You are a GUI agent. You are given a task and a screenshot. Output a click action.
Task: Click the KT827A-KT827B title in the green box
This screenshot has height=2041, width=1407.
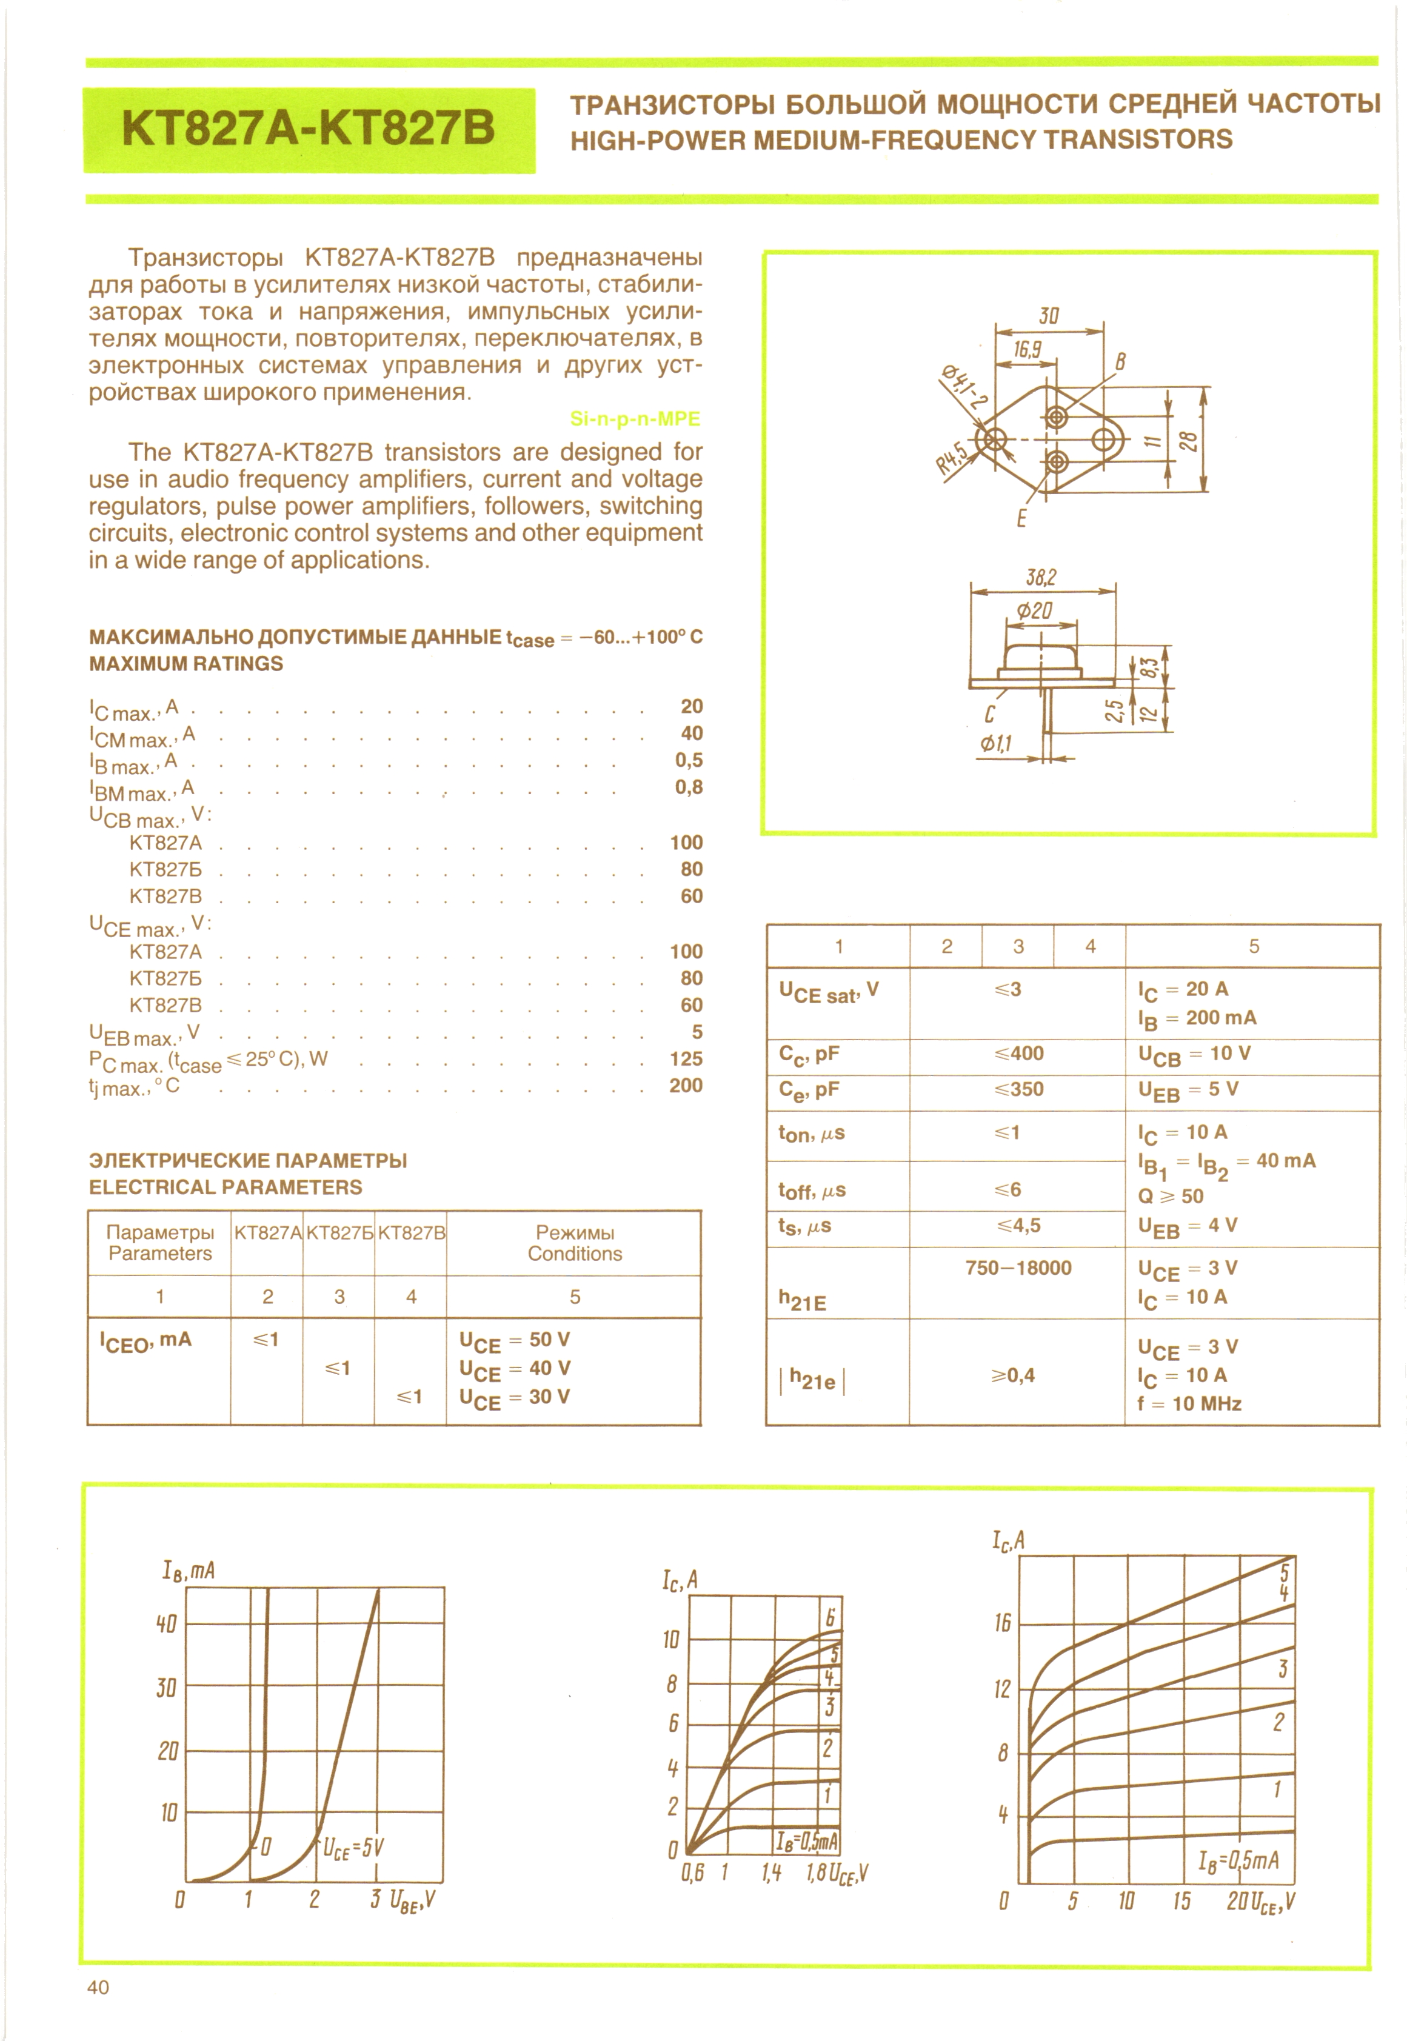point(309,129)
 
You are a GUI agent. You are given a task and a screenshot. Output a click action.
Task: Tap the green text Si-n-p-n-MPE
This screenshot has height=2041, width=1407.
point(635,419)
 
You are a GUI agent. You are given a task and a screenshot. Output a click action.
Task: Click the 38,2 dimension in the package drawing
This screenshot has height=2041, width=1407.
point(1040,578)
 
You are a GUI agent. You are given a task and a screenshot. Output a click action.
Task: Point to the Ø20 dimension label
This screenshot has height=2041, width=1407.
point(1034,611)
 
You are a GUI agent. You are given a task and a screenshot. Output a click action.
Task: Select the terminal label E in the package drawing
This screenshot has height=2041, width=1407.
point(1021,518)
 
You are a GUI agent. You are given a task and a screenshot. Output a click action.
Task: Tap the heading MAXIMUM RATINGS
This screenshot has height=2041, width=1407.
point(186,664)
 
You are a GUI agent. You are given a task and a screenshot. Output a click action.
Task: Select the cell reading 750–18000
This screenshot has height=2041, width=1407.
point(1018,1268)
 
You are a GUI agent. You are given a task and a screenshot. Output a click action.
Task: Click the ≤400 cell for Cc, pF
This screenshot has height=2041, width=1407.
point(1018,1054)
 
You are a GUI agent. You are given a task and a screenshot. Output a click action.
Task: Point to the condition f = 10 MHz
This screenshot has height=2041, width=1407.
point(1189,1403)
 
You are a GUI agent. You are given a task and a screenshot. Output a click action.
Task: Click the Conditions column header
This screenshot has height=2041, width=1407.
point(575,1254)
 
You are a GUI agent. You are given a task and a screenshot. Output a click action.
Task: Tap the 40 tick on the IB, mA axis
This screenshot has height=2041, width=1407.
point(167,1623)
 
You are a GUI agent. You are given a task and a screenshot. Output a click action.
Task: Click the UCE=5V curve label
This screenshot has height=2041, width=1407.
point(353,1848)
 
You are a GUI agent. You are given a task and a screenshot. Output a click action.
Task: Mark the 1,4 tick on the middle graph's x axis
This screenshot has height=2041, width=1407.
point(771,1897)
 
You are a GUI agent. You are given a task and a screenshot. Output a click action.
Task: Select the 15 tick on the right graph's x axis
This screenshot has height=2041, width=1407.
point(1181,1901)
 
